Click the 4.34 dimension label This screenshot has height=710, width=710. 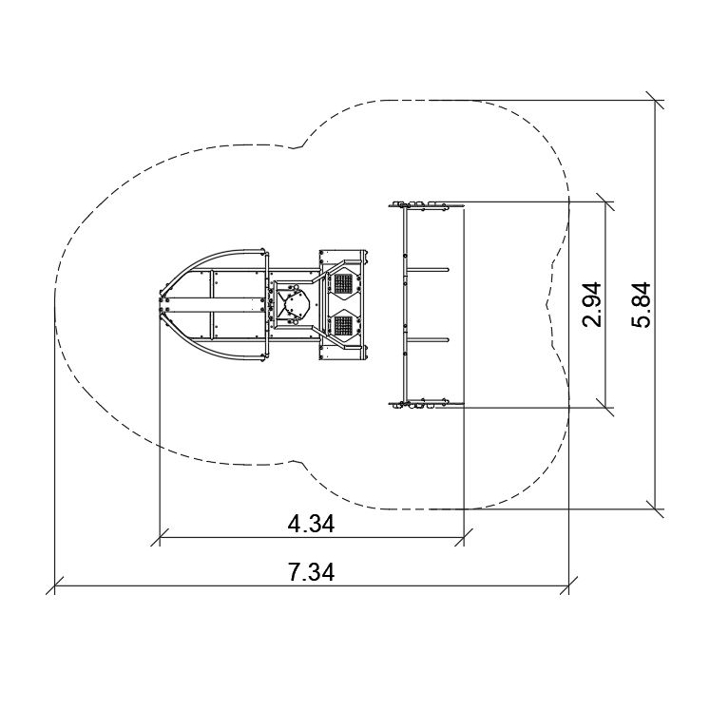[x=311, y=525]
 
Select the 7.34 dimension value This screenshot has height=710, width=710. [x=311, y=572]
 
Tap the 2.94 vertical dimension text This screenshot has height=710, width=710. [x=592, y=304]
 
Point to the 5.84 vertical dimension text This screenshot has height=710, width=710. [x=642, y=304]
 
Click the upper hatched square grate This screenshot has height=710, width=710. [x=343, y=283]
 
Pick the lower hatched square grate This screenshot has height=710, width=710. [x=343, y=325]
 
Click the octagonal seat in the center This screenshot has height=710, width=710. [x=294, y=304]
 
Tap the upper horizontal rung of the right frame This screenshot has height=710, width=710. [x=428, y=270]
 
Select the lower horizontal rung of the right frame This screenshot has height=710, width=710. [x=428, y=339]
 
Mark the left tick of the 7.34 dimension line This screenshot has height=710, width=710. [x=55, y=585]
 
